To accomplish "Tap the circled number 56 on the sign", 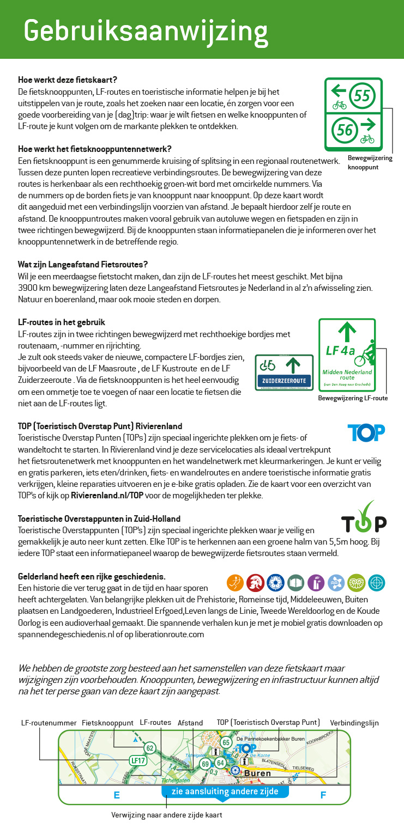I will (x=345, y=130).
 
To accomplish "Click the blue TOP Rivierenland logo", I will (x=366, y=432).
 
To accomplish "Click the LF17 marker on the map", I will (x=138, y=761).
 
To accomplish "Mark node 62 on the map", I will (x=150, y=748).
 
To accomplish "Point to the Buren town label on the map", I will (x=257, y=773).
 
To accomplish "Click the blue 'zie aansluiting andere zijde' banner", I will (x=225, y=791).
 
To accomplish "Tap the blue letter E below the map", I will (x=116, y=795).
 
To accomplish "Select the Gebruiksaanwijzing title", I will (x=146, y=30).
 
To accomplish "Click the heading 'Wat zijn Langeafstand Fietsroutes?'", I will (x=83, y=265).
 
